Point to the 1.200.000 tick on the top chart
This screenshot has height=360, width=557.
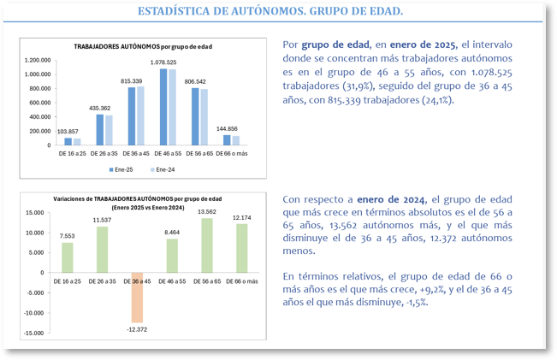point(39,61)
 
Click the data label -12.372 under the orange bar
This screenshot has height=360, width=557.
point(137,329)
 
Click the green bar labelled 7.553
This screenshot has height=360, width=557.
point(68,257)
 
